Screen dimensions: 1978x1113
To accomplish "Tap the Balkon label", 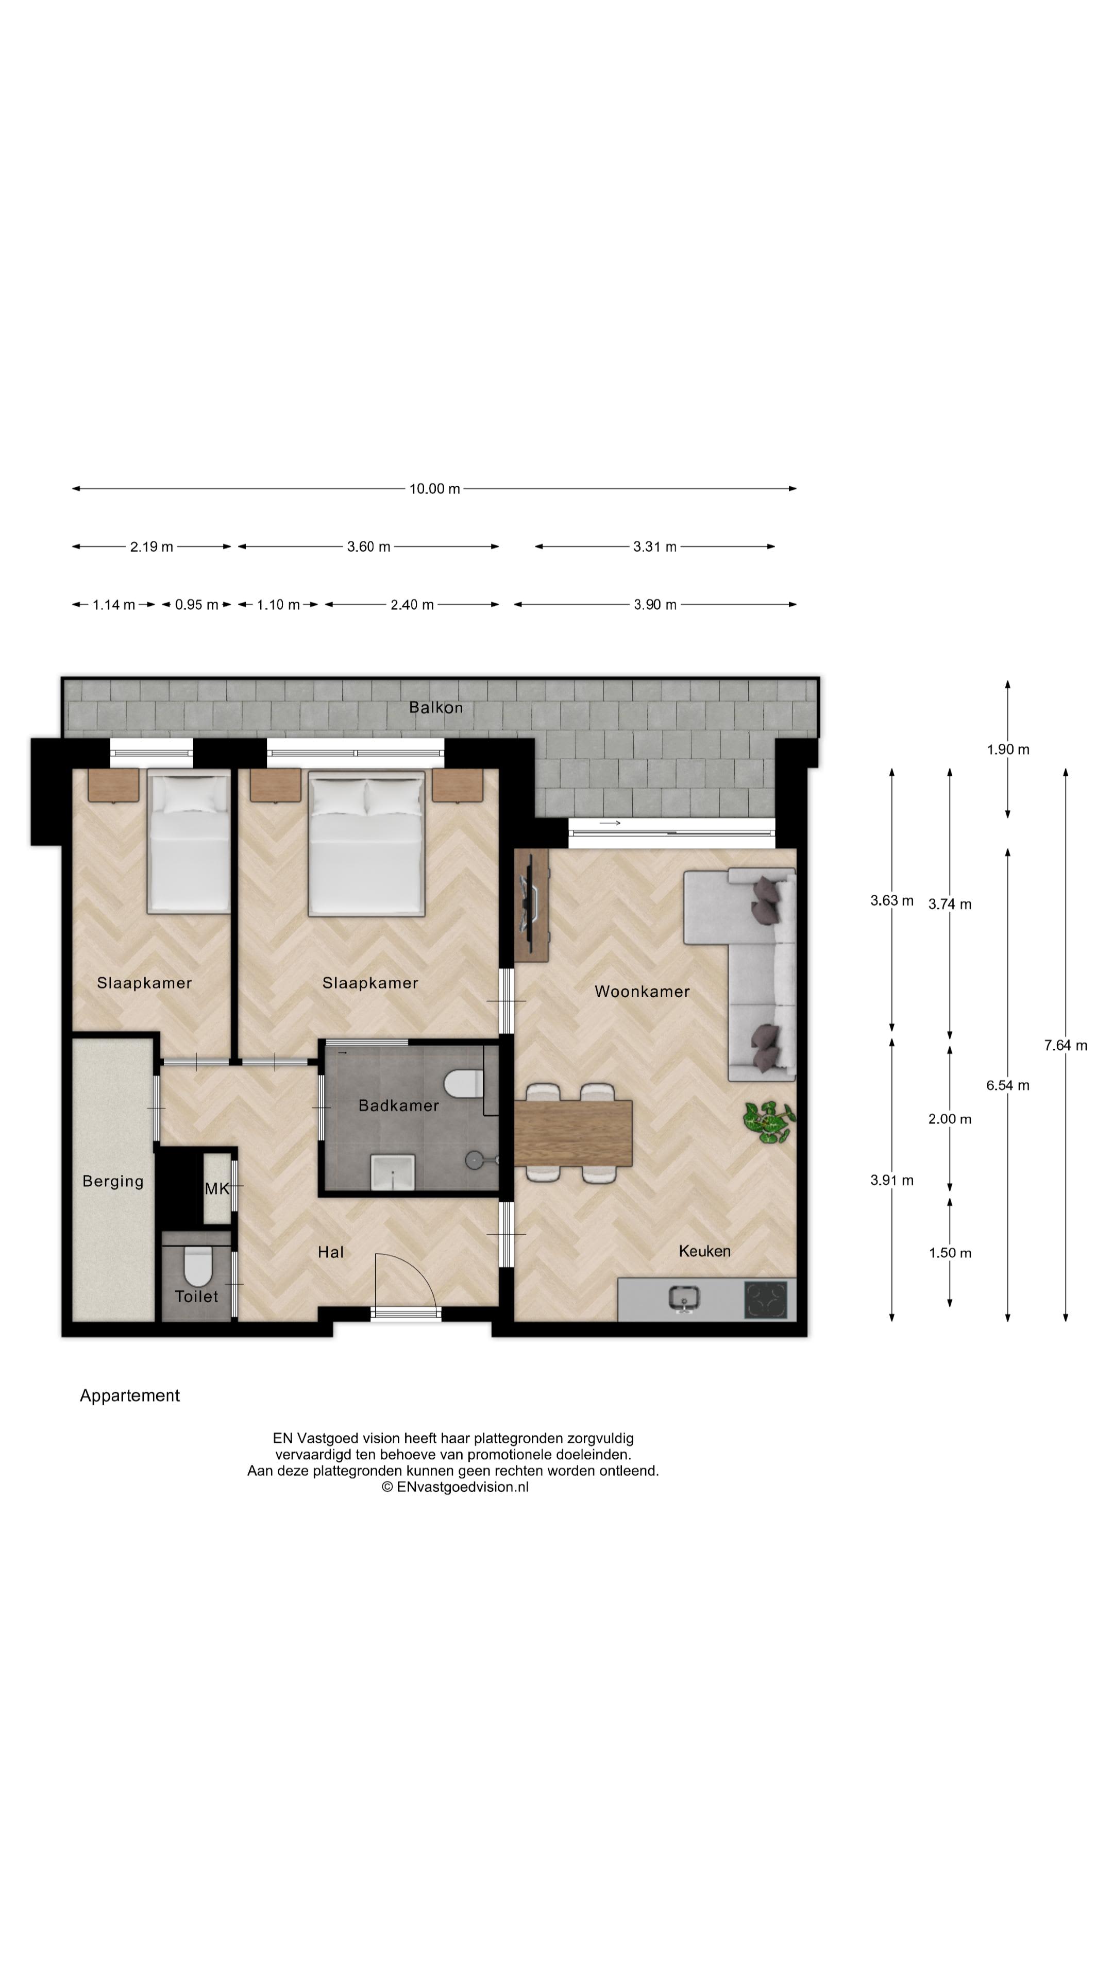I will tap(435, 707).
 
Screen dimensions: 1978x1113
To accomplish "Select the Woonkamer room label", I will tap(642, 991).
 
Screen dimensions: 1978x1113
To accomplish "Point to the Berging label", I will tap(113, 1181).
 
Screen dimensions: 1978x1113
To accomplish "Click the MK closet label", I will tap(216, 1189).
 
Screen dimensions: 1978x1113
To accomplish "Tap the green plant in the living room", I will tap(768, 1122).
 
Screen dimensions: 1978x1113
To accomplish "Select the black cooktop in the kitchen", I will tap(766, 1299).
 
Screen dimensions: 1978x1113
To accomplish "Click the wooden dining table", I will tap(573, 1133).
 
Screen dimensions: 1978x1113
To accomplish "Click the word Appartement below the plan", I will tap(130, 1396).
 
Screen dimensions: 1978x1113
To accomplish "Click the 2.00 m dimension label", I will tap(949, 1119).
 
